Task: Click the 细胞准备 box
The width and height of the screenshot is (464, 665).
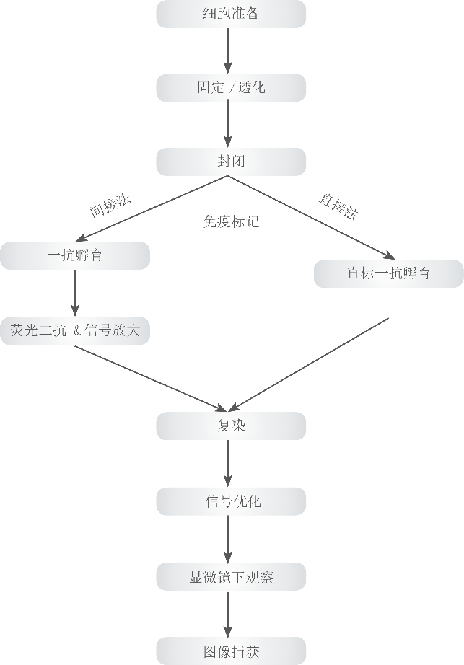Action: [231, 14]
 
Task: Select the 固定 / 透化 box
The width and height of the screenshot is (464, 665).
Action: [231, 88]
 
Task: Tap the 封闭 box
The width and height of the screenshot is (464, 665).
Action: [231, 162]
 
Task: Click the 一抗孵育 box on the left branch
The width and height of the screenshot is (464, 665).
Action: [75, 256]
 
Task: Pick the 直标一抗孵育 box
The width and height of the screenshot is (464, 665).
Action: [389, 273]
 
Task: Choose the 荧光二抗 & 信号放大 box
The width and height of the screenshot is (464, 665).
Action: [75, 330]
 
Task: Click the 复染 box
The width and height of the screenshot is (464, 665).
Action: [231, 426]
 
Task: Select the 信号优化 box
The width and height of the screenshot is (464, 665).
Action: [231, 501]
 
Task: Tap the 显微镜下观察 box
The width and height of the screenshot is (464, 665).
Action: [231, 577]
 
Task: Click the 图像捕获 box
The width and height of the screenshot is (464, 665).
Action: [231, 651]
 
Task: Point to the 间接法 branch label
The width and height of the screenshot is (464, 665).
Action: [110, 206]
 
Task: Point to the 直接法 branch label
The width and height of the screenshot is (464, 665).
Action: [338, 207]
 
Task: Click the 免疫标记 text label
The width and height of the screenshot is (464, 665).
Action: [231, 221]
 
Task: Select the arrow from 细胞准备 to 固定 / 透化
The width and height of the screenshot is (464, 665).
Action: [228, 51]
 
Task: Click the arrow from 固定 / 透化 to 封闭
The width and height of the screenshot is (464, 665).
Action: [228, 125]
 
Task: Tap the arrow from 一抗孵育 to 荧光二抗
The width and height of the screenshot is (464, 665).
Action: [75, 293]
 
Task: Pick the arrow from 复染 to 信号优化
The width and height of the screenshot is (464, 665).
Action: [228, 464]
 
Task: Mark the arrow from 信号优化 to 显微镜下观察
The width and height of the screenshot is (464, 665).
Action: [228, 539]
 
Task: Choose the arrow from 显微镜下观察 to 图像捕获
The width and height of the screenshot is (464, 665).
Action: [228, 614]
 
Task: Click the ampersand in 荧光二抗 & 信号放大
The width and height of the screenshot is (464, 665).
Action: [77, 330]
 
